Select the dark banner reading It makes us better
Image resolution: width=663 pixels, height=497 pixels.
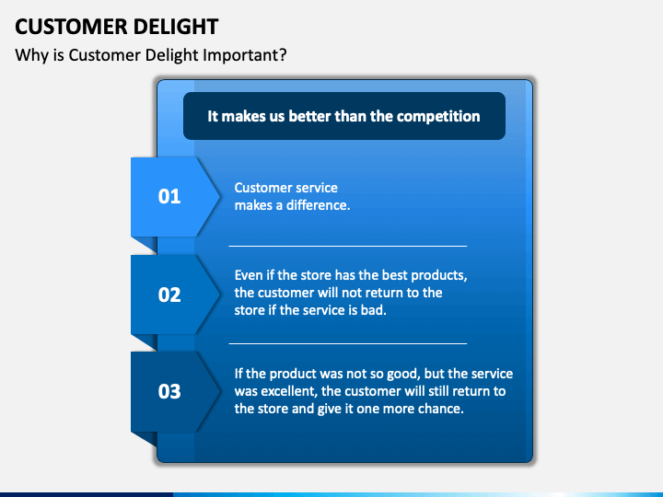[x=343, y=116]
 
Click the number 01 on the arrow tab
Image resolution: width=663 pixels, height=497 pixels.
[x=169, y=196]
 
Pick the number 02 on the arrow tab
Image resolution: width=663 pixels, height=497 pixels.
[x=169, y=295]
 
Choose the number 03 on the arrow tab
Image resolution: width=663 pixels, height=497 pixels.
[x=169, y=391]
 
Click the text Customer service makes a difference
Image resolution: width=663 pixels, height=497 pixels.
[x=291, y=196]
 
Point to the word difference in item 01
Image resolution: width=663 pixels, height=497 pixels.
[x=319, y=205]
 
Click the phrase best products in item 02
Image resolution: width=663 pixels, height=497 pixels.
[x=430, y=276]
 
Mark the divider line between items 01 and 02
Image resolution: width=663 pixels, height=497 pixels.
[x=347, y=246]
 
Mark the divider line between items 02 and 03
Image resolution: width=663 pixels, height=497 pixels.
[x=347, y=343]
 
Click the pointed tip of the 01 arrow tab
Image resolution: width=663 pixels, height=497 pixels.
[x=218, y=196]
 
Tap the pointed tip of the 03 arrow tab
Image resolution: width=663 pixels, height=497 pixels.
[x=218, y=391]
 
